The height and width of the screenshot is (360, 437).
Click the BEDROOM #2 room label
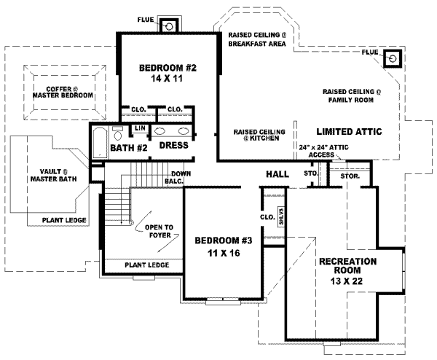pos(168,69)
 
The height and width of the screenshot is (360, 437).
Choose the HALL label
pos(277,174)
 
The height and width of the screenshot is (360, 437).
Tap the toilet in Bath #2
pos(117,134)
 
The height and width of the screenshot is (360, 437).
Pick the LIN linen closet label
pos(138,129)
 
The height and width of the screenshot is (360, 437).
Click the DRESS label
pos(173,145)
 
